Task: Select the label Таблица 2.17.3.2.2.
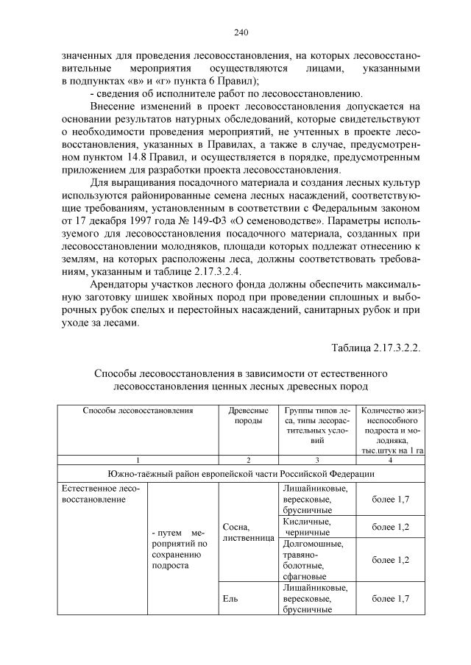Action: (375, 347)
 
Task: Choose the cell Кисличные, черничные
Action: (308, 527)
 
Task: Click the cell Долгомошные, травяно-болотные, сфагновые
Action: (313, 560)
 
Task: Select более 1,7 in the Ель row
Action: (390, 599)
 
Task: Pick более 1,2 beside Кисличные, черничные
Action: (390, 527)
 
